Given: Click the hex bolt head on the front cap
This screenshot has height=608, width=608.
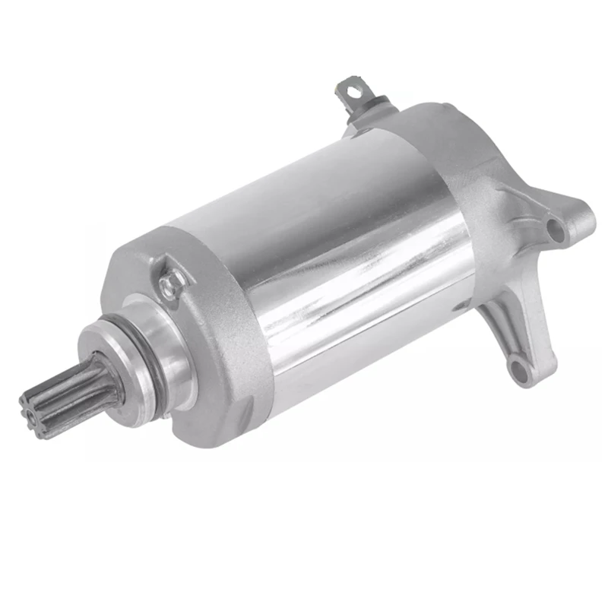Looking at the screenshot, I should [171, 283].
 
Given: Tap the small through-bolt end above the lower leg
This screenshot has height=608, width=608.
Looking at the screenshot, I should [462, 307].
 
